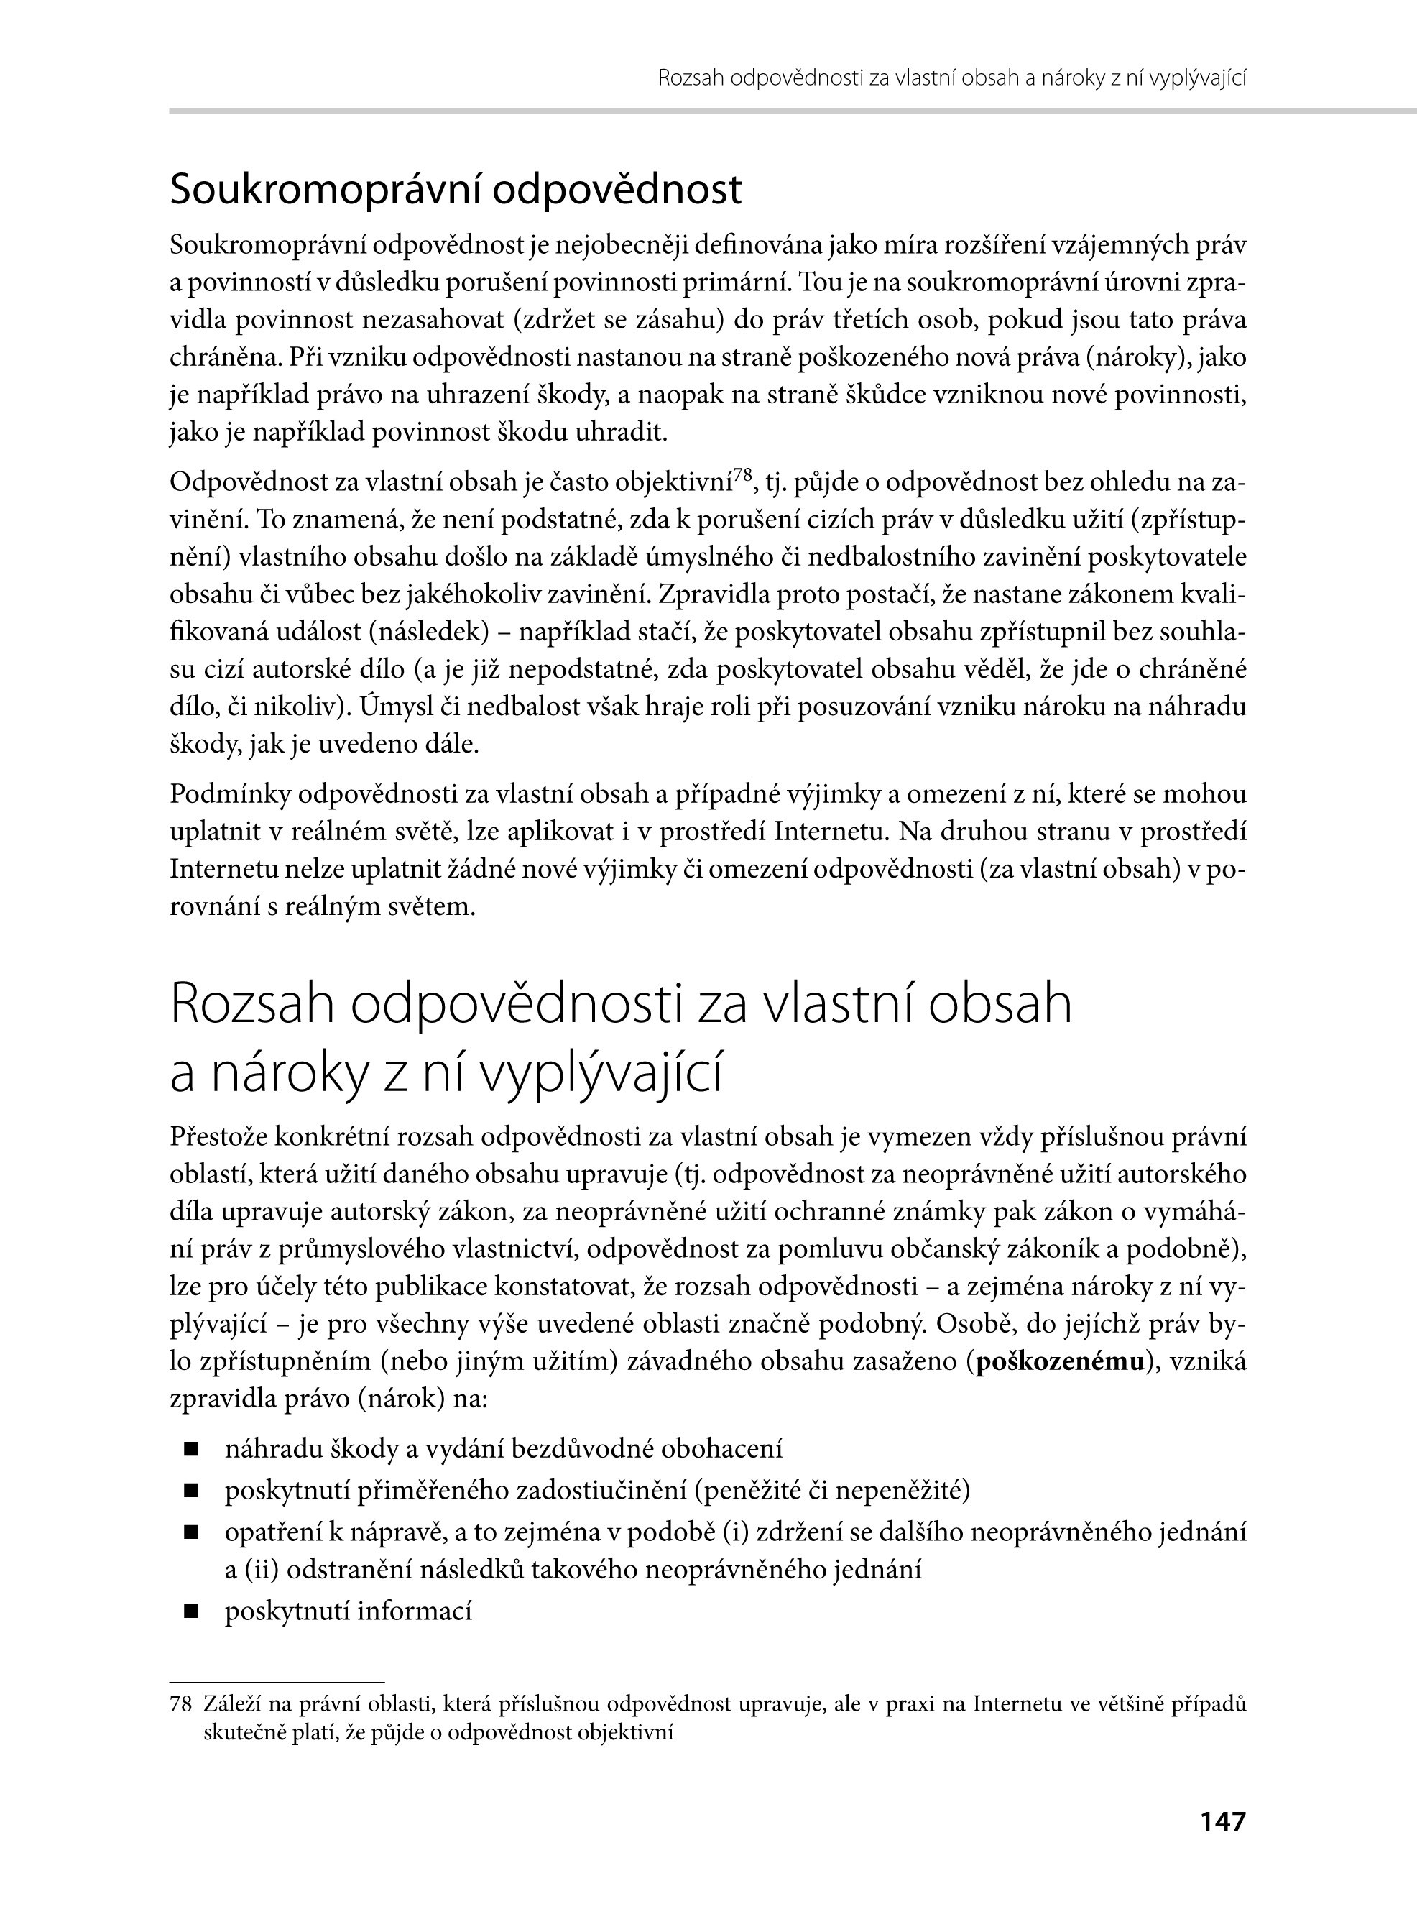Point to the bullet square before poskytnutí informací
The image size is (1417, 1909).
[190, 1611]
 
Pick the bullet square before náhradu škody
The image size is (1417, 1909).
[190, 1450]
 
